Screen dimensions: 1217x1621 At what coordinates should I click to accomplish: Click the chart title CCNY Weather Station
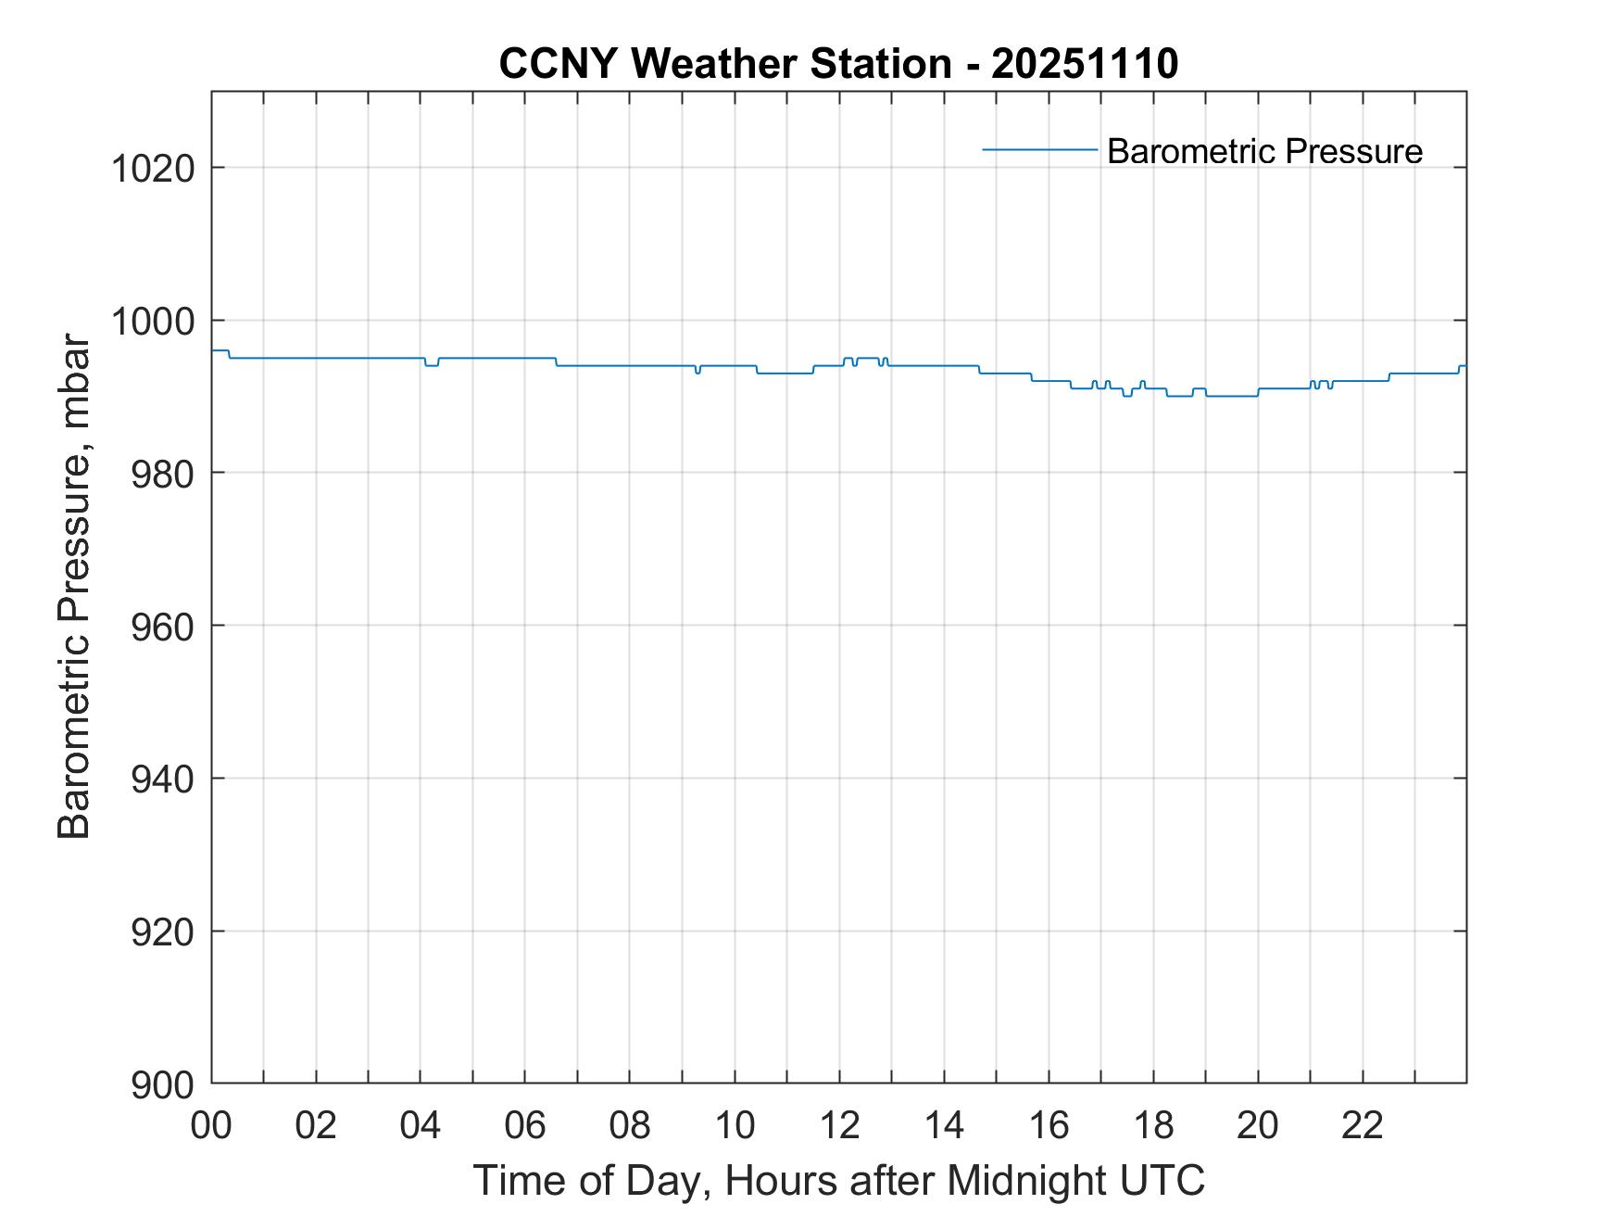tap(724, 64)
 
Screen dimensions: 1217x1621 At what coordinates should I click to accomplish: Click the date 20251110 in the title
tap(1085, 64)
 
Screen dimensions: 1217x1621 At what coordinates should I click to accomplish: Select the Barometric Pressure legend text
tap(1264, 151)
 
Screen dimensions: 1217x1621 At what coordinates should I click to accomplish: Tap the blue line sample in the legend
tap(1039, 149)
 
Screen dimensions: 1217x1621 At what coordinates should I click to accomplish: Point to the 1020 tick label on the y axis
tap(153, 170)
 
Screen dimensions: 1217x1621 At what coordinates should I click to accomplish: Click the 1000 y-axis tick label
tap(153, 322)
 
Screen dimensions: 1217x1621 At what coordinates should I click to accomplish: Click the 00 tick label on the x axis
tap(212, 1125)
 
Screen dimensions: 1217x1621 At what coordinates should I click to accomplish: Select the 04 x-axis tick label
tap(421, 1125)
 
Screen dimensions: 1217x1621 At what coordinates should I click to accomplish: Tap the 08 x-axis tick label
tap(630, 1125)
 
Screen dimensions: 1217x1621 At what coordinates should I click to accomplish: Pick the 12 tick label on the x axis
tap(839, 1125)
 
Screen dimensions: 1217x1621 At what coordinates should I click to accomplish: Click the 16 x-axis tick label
tap(1049, 1125)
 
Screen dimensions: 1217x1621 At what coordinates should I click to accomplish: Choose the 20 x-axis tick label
tap(1258, 1125)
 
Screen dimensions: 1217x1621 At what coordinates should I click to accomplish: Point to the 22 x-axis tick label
tap(1363, 1125)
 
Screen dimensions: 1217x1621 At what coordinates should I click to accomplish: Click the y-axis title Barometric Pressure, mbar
tap(74, 587)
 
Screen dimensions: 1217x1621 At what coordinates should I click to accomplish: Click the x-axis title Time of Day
tap(839, 1181)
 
